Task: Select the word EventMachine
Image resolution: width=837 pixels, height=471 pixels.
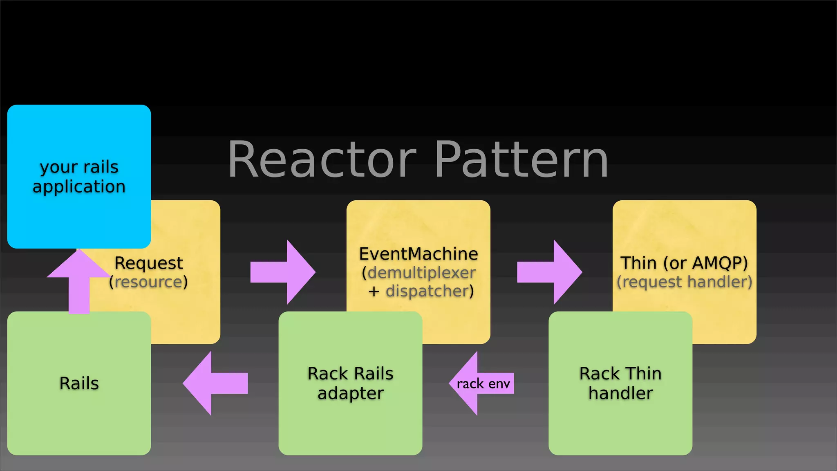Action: coord(418,254)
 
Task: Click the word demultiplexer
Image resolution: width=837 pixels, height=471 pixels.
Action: coord(421,273)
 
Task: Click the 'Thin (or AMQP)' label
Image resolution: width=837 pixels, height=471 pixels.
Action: coord(684,263)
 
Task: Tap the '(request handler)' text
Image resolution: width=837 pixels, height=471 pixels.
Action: coord(684,282)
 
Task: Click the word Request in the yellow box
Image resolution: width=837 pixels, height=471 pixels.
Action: coord(149,263)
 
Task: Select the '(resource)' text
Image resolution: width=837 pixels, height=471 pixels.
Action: coord(149,282)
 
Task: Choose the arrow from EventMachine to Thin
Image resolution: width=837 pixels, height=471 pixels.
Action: coord(549,272)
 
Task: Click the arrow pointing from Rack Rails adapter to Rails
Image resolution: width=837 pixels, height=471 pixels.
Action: coord(215,384)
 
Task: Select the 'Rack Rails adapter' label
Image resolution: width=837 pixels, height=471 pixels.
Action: coord(350,383)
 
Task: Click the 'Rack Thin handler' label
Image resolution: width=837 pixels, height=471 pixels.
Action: coord(620,383)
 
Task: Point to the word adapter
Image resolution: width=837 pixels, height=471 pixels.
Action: coord(350,393)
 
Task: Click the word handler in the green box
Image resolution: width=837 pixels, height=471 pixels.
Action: coord(620,393)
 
